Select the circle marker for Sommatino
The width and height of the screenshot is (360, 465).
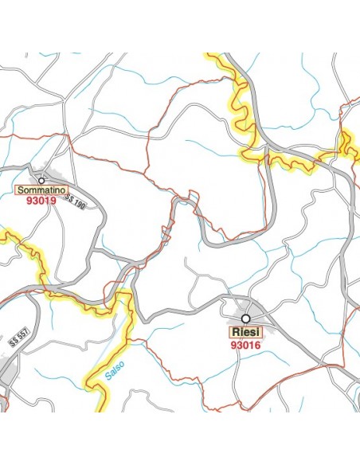pyautogui.click(x=41, y=181)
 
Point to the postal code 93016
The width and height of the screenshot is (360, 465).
pyautogui.click(x=246, y=346)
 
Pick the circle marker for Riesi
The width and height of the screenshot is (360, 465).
pyautogui.click(x=246, y=318)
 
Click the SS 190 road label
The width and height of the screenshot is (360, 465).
pyautogui.click(x=76, y=200)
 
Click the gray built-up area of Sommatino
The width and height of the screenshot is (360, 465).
pyautogui.click(x=57, y=177)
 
